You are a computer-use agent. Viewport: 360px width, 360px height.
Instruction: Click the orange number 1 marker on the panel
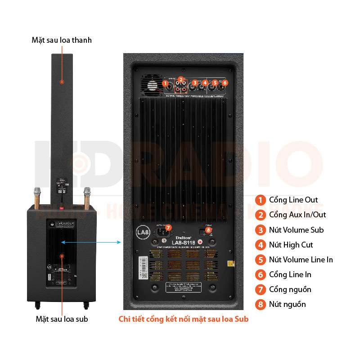pyautogui.click(x=165, y=83)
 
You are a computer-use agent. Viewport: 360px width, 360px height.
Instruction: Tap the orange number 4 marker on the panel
pyautogui.click(x=205, y=82)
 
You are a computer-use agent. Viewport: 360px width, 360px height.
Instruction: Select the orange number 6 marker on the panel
pyautogui.click(x=225, y=83)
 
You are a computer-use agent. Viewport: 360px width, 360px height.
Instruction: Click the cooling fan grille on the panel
pyautogui.click(x=152, y=85)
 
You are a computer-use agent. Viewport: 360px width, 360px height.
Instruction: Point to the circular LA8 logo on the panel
pyautogui.click(x=142, y=233)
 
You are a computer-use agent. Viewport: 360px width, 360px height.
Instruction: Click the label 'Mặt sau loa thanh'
pyautogui.click(x=62, y=40)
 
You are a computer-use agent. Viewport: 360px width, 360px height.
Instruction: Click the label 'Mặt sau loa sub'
pyautogui.click(x=62, y=319)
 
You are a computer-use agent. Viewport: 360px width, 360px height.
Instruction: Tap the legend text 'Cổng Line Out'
pyautogui.click(x=293, y=200)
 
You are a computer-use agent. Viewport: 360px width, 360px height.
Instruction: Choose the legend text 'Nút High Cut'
pyautogui.click(x=291, y=245)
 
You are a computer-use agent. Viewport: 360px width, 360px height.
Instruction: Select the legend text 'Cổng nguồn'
pyautogui.click(x=290, y=289)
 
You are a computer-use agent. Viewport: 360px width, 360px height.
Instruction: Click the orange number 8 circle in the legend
pyautogui.click(x=260, y=305)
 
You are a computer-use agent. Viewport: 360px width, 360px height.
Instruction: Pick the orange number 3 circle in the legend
pyautogui.click(x=260, y=230)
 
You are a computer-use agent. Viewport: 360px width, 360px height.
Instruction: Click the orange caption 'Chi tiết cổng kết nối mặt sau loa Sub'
pyautogui.click(x=184, y=319)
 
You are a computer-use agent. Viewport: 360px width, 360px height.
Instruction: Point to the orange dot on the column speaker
pyautogui.click(x=62, y=82)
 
